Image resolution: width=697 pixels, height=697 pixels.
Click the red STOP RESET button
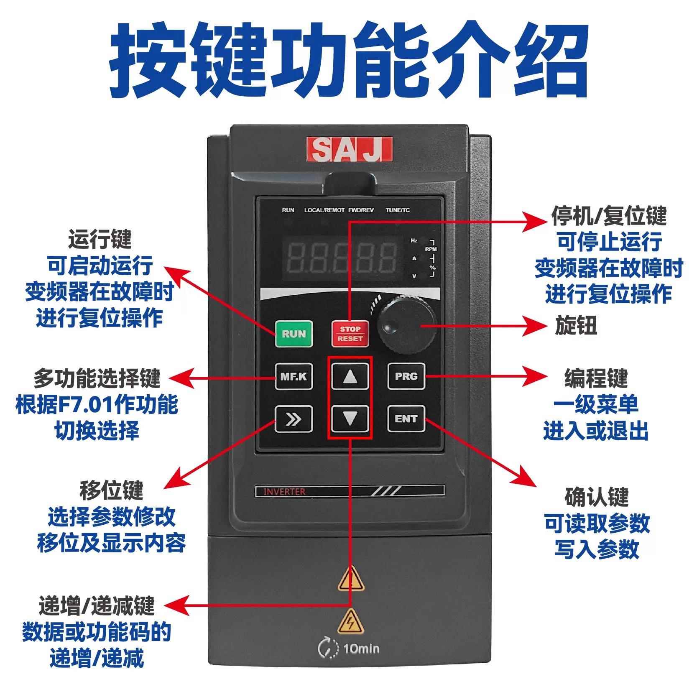350,334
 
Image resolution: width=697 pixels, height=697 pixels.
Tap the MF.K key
294,376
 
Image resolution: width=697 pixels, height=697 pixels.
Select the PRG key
406,376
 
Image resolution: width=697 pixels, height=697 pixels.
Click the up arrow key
350,376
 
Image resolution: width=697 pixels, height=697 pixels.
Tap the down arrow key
350,418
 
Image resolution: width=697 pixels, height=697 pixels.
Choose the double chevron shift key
294,419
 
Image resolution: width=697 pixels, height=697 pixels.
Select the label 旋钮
576,325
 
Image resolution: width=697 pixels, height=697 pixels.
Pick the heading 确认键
596,497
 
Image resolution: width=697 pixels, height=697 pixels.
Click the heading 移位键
111,490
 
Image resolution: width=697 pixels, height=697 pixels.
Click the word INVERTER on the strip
284,491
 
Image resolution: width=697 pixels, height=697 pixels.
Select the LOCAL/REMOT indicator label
324,210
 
